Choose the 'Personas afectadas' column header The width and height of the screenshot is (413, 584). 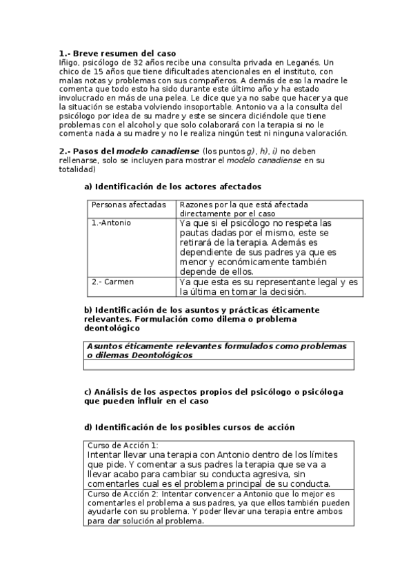(x=129, y=205)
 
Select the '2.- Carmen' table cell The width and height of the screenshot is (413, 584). (x=113, y=282)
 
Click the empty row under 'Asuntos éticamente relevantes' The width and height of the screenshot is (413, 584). (x=219, y=365)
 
